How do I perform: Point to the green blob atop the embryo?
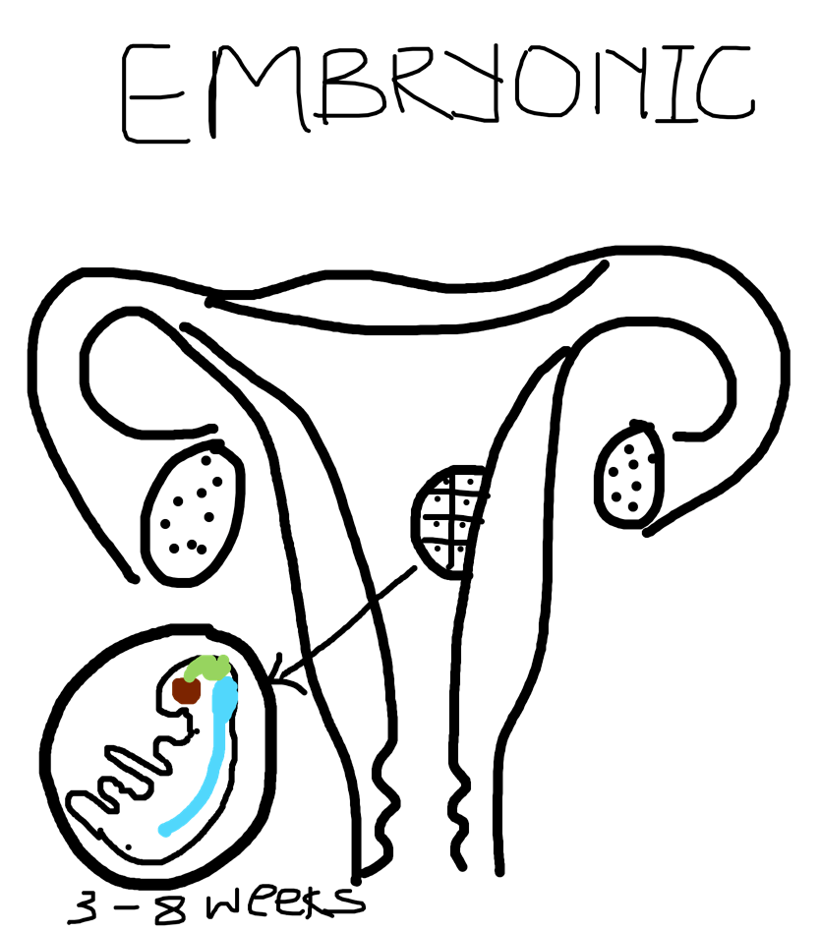tap(207, 668)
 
